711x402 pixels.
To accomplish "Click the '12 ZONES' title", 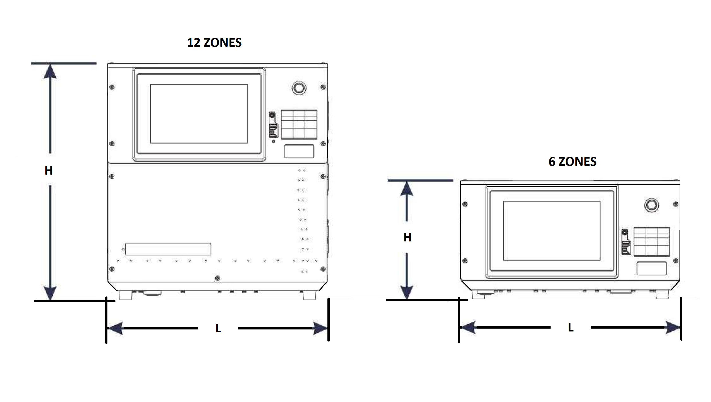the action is click(214, 42).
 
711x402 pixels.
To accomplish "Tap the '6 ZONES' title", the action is click(572, 161).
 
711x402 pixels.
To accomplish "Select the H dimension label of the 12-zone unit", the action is click(49, 171).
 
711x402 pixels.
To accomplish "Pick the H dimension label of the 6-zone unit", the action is click(407, 237).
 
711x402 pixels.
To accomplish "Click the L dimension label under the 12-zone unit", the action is click(218, 328).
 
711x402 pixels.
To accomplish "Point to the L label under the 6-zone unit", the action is click(571, 327).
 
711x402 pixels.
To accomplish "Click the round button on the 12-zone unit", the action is click(299, 88).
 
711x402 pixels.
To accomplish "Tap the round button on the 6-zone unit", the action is click(651, 205).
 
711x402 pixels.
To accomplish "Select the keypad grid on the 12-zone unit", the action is click(299, 124).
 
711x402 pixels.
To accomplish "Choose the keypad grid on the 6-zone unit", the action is click(651, 242).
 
